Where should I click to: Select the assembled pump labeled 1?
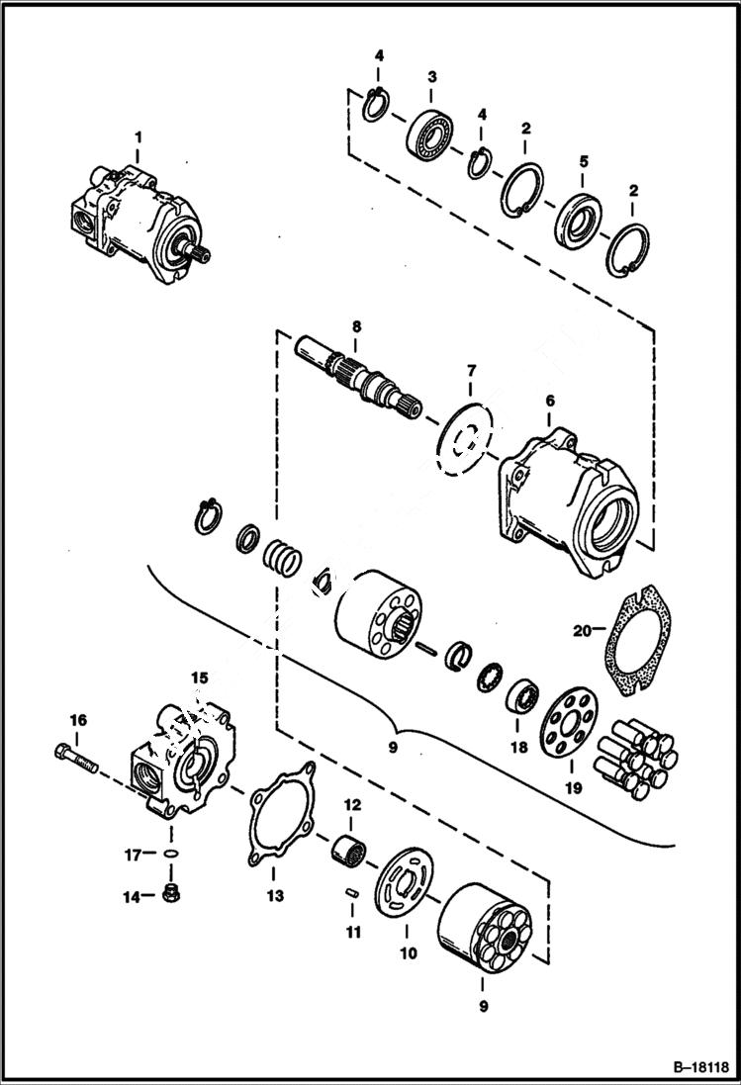pyautogui.click(x=134, y=218)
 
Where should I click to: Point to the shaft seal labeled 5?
pyautogui.click(x=578, y=217)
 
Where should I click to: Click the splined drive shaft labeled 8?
pyautogui.click(x=362, y=380)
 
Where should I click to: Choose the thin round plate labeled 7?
pyautogui.click(x=465, y=436)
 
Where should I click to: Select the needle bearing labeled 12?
pyautogui.click(x=350, y=847)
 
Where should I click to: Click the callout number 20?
pyautogui.click(x=582, y=629)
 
